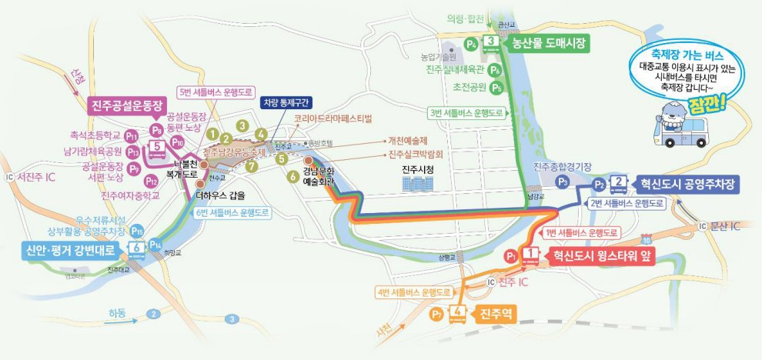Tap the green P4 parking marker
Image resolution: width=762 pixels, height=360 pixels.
[471, 44]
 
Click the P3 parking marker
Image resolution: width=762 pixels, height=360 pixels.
[563, 182]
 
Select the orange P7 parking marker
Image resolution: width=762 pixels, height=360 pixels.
[436, 312]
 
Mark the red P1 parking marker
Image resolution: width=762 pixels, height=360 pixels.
[510, 255]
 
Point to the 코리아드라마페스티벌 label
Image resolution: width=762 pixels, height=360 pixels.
[333, 119]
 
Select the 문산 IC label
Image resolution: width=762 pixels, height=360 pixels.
[726, 225]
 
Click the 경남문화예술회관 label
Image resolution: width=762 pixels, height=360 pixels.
[317, 176]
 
